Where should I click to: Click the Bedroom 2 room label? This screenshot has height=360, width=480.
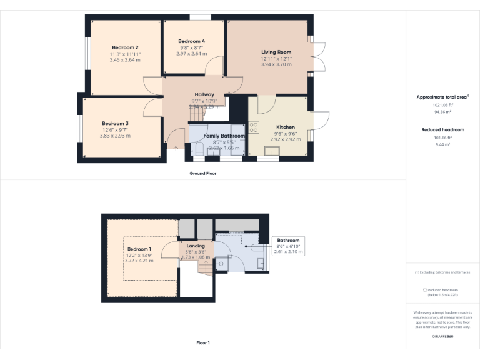click(x=125, y=47)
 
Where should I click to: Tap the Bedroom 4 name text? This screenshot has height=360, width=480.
click(x=191, y=41)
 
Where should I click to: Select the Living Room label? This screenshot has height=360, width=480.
click(x=276, y=52)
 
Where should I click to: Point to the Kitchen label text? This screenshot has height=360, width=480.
click(x=285, y=127)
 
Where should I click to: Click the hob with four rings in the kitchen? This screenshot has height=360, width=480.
click(x=254, y=127)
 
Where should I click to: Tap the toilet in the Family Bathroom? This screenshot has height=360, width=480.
click(x=199, y=148)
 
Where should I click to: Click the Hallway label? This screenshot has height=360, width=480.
click(x=204, y=94)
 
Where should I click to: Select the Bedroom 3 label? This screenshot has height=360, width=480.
click(x=115, y=123)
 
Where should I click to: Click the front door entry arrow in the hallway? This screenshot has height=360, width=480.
click(x=175, y=147)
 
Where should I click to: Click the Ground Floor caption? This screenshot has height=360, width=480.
click(x=202, y=173)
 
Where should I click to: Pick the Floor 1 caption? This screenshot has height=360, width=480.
click(x=202, y=342)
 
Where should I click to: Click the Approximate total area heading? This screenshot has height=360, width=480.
click(x=442, y=97)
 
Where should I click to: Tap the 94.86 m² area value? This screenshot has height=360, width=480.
click(x=442, y=112)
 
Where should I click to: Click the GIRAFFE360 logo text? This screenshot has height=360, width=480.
click(x=442, y=337)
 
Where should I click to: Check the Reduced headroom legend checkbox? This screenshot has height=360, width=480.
click(x=425, y=290)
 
